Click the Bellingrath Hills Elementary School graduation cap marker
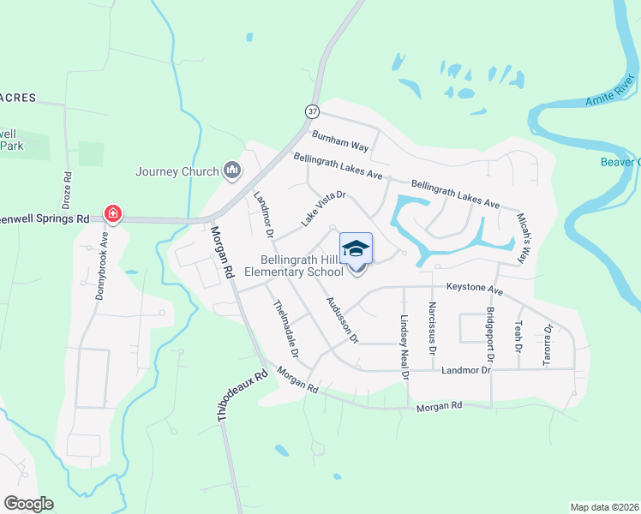[x=356, y=249]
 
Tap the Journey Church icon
[x=231, y=171]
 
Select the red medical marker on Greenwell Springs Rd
[x=112, y=212]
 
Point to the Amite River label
[x=609, y=92]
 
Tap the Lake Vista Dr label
[x=322, y=208]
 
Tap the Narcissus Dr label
[x=433, y=329]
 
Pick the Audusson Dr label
[x=341, y=320]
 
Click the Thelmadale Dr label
[x=285, y=328]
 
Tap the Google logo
[x=28, y=504]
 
